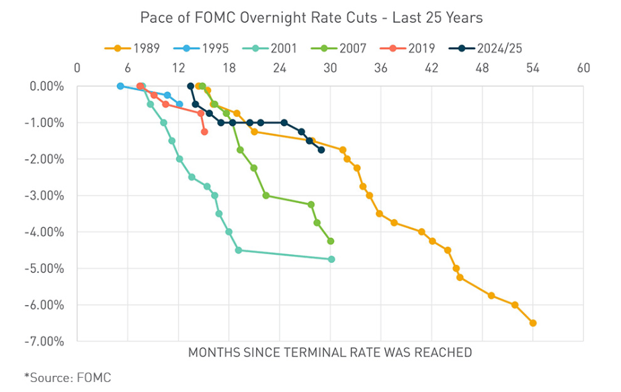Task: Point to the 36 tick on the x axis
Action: point(380,67)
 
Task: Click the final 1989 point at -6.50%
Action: point(533,323)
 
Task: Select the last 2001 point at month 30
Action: point(331,259)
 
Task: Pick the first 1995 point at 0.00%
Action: point(120,86)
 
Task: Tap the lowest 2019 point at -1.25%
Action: point(204,132)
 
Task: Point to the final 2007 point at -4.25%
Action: point(331,241)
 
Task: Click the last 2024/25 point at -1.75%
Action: point(321,150)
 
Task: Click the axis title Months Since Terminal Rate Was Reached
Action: point(329,352)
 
